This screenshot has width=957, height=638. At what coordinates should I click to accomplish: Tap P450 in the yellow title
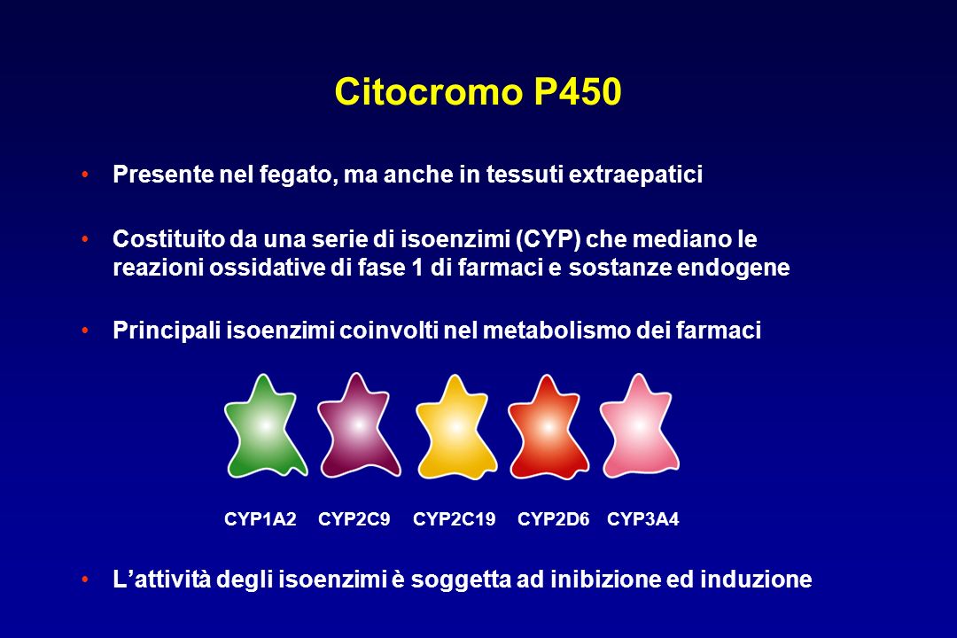[x=577, y=93]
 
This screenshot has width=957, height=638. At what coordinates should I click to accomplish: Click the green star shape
[x=265, y=427]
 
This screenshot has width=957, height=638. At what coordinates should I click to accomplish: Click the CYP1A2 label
[x=260, y=519]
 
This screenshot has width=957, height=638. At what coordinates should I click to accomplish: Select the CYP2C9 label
[x=354, y=519]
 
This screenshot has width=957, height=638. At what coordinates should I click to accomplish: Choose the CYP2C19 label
[x=454, y=519]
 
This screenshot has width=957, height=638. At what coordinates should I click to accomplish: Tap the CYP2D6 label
[x=553, y=519]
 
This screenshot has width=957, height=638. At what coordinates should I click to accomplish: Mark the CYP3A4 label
[x=642, y=519]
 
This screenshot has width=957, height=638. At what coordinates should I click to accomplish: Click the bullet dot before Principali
[x=84, y=331]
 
